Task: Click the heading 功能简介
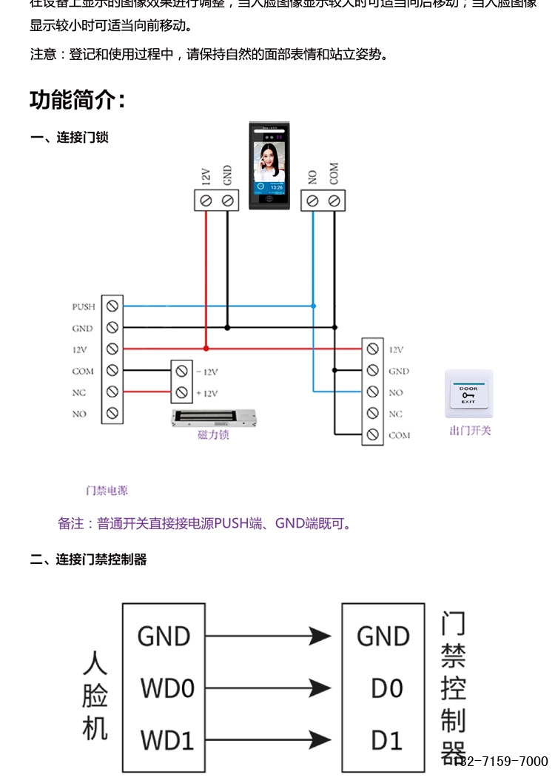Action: coord(78,99)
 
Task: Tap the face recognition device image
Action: coord(270,166)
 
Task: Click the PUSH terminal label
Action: coord(83,306)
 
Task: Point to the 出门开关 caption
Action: coord(470,431)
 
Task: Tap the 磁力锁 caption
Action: coord(213,435)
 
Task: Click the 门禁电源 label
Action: coord(107,491)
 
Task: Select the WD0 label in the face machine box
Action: coord(167,689)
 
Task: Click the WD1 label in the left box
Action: coord(167,740)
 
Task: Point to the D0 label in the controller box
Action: coord(386,689)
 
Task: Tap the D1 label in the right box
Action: coord(386,740)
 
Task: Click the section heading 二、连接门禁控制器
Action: coord(88,559)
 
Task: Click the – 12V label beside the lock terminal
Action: coord(206,372)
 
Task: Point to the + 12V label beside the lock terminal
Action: coord(206,393)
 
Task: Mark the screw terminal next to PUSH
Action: coord(112,306)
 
